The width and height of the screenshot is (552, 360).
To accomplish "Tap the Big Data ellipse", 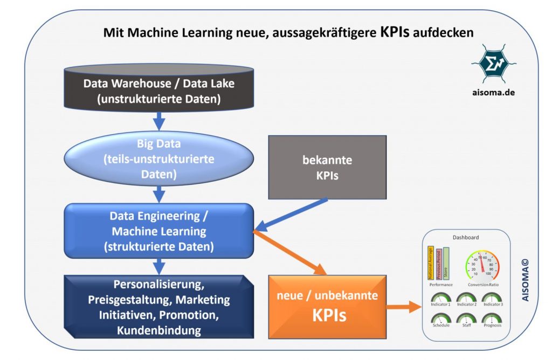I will [x=159, y=160].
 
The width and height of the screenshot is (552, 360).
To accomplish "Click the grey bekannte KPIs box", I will [x=327, y=168].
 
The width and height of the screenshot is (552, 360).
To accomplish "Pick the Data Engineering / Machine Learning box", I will [x=158, y=231].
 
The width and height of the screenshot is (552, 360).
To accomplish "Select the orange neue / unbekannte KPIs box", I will [x=327, y=305].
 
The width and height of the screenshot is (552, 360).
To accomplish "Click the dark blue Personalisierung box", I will [x=158, y=307].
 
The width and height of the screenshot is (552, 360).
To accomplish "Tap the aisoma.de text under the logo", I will [x=489, y=92].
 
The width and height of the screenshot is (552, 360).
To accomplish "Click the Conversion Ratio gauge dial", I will [x=482, y=264].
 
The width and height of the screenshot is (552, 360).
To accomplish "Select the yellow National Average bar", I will [x=431, y=263].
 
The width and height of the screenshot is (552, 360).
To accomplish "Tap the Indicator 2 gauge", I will [x=466, y=299].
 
